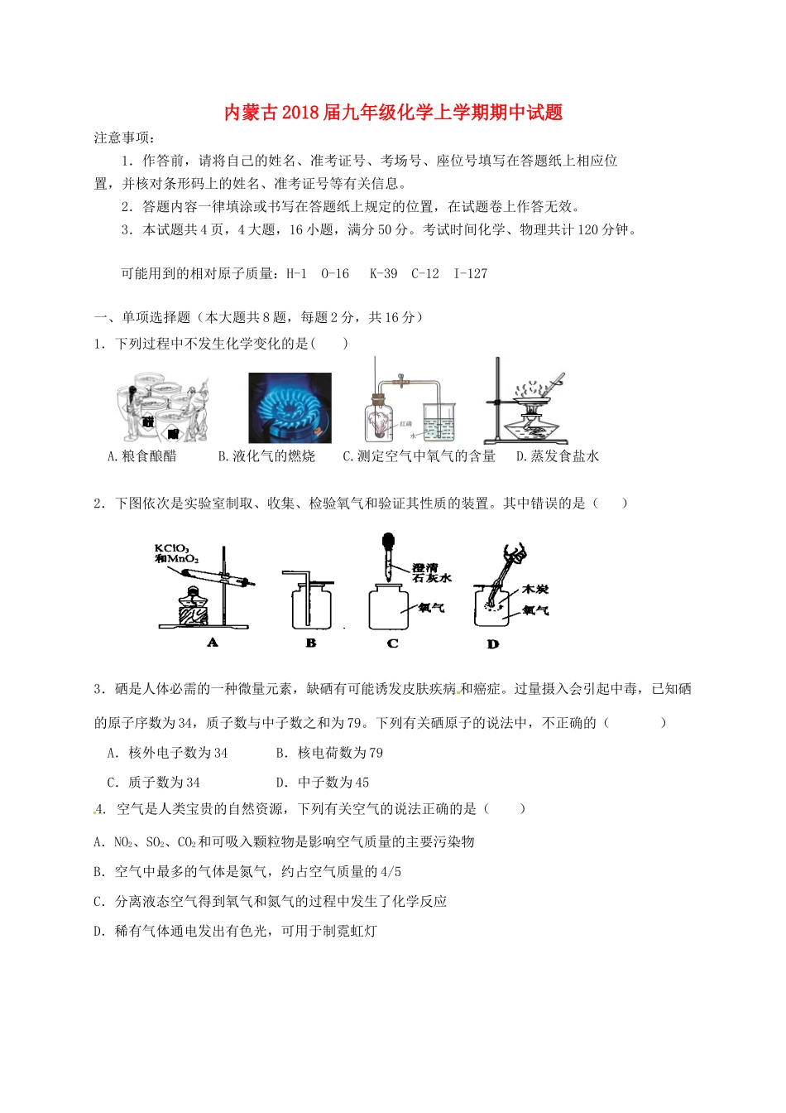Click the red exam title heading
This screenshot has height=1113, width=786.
(393, 113)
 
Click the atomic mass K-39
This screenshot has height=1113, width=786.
(383, 274)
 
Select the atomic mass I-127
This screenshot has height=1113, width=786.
(471, 274)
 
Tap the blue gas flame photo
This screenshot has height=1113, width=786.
(290, 407)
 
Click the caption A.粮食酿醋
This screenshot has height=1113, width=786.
(142, 456)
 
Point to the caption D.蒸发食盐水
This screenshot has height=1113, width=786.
(557, 456)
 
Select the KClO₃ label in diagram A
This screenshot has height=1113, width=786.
(172, 549)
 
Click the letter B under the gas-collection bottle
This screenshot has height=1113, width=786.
(311, 643)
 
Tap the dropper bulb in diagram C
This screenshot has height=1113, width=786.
(387, 543)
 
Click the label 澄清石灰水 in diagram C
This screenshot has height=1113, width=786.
(432, 572)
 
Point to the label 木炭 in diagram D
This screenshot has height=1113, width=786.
(534, 590)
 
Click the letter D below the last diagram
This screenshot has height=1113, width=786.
(493, 643)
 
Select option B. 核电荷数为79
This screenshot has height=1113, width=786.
(329, 753)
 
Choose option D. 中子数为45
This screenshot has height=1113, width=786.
(323, 783)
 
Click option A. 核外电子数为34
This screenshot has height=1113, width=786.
(167, 753)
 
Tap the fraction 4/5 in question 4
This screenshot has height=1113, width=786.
(391, 872)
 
